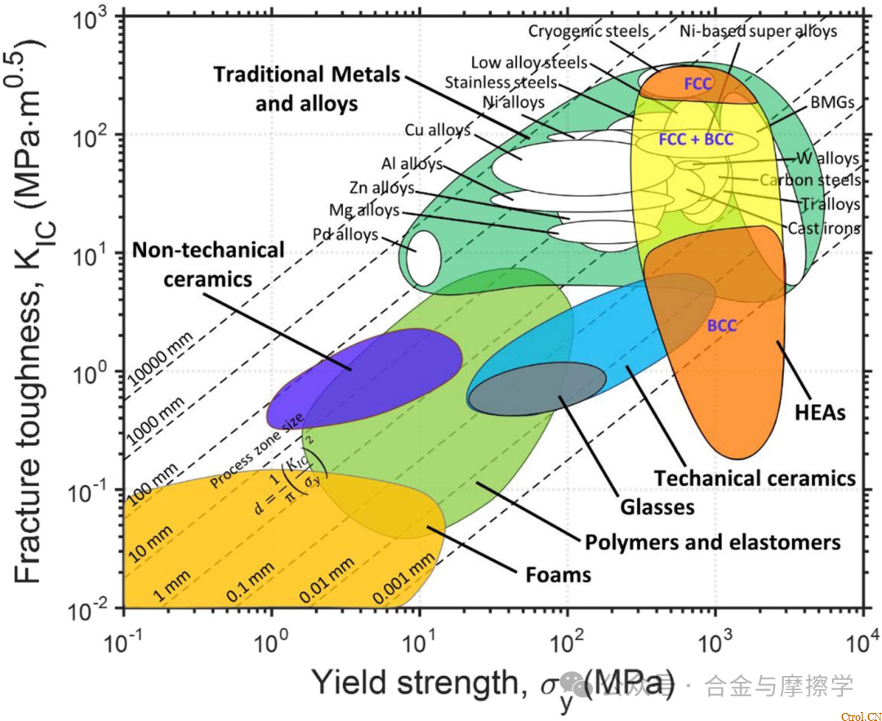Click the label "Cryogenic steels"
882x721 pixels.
588,32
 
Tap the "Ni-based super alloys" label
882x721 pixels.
759,32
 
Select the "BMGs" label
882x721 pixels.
833,104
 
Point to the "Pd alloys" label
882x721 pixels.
345,235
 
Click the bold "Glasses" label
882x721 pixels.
657,507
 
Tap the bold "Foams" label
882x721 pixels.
558,575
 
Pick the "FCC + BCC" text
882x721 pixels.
697,140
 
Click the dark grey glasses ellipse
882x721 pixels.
537,390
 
